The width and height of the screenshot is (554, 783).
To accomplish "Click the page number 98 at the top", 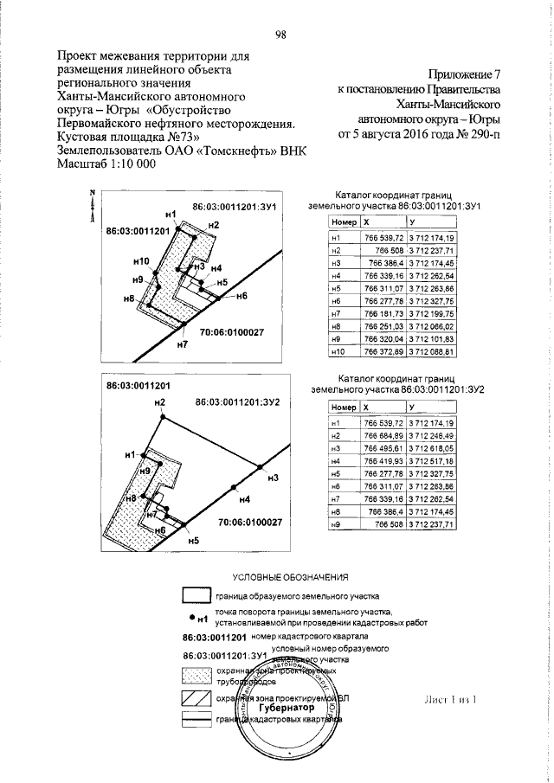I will (x=280, y=35).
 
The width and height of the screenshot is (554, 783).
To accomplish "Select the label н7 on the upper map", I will (x=182, y=344).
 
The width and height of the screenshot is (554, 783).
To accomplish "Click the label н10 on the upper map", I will (x=143, y=260).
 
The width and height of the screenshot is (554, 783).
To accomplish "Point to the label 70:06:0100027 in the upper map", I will (x=231, y=332).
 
